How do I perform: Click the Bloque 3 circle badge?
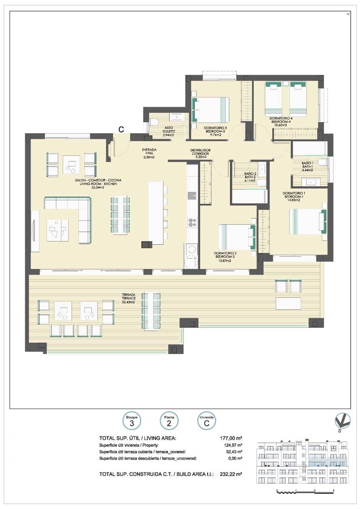(132, 421)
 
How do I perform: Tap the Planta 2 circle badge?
(169, 421)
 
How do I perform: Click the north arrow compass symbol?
(342, 421)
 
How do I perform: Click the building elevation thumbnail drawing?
(302, 462)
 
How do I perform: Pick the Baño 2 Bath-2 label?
(249, 177)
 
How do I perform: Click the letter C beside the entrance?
(121, 130)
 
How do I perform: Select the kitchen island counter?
(156, 213)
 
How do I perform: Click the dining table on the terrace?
(152, 311)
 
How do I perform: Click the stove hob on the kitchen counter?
(192, 222)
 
